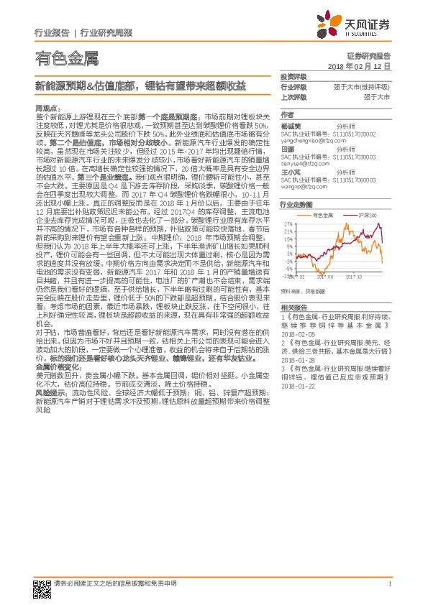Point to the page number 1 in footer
389,583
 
